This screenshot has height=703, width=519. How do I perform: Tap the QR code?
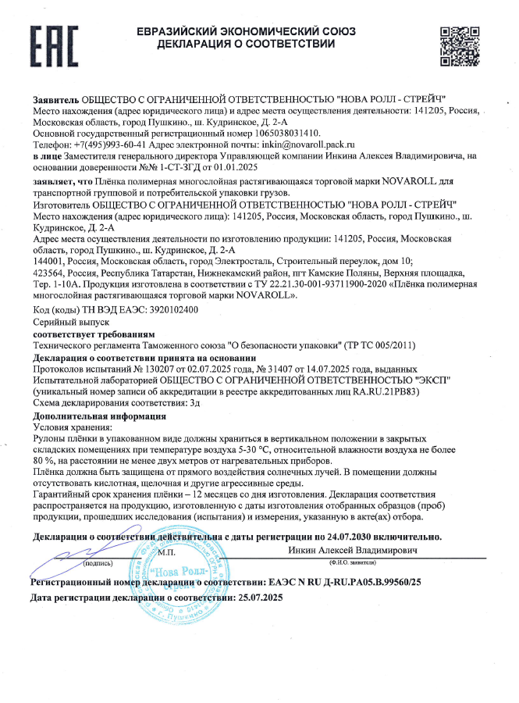click(459, 45)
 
